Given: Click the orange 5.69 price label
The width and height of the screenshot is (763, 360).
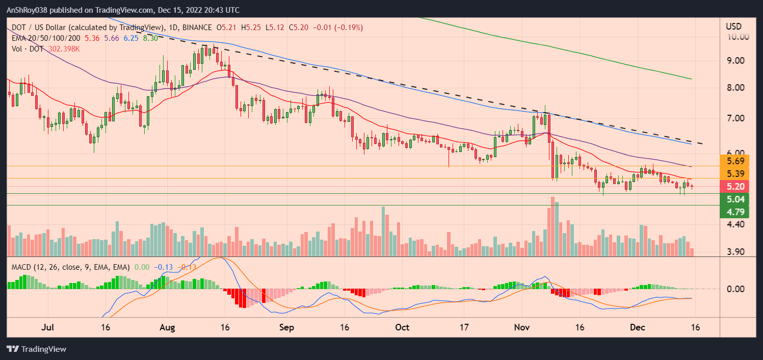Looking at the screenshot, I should (734, 161).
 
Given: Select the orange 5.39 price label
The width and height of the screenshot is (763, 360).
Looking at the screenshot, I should (734, 173).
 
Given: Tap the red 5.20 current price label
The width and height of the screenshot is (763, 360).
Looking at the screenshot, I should (734, 186).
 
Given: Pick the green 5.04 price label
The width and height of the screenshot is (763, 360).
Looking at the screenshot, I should (734, 199).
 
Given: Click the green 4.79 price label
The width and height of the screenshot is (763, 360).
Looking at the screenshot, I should (734, 211).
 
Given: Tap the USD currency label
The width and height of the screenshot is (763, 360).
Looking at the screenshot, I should (734, 26).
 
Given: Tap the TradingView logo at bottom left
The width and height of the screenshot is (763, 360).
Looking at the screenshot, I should (36, 349).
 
